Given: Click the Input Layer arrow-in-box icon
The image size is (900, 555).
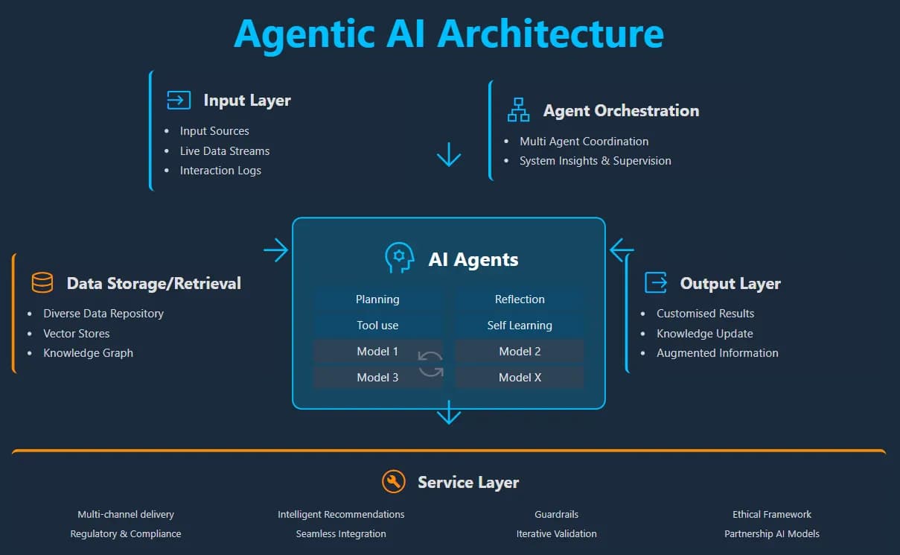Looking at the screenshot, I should (179, 101).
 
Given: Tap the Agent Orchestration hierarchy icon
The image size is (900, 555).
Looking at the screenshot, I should (518, 110).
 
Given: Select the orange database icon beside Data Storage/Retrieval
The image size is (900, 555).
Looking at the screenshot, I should (42, 283).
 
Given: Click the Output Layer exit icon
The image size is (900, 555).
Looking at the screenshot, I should (656, 283).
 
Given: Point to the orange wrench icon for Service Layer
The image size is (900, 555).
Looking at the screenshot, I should (394, 482).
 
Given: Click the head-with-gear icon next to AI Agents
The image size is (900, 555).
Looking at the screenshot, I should (399, 258).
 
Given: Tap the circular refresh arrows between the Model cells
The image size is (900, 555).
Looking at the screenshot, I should (431, 364).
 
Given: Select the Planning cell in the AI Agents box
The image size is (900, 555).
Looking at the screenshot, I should (377, 299).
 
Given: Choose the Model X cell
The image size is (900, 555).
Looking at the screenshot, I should (520, 378).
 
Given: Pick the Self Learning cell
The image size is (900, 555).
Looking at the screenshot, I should (520, 326).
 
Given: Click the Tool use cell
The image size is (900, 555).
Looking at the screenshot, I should (377, 326).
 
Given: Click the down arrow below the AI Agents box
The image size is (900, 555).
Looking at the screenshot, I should (449, 411).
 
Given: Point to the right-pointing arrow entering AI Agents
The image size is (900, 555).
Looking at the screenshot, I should (276, 250).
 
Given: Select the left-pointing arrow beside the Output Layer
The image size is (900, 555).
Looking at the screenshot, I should (622, 250).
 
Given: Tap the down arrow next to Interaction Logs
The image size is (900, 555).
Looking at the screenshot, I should (449, 154).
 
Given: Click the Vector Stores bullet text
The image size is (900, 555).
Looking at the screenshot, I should (77, 334).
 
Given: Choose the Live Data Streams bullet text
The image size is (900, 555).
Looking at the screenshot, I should (225, 151).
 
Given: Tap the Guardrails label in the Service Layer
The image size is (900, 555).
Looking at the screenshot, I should (556, 515).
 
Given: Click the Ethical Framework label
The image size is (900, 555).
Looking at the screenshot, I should (772, 515).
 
